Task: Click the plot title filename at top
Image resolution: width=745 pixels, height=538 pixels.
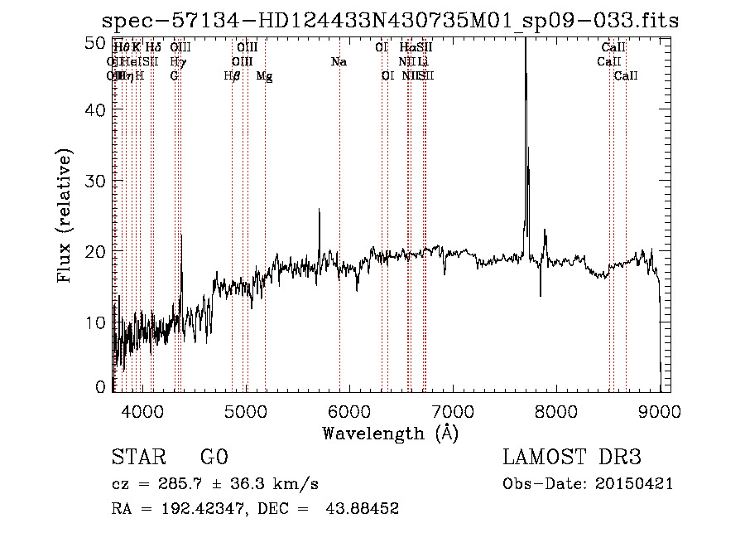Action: pyautogui.click(x=389, y=21)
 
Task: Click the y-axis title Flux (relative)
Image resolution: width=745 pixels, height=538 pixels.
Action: pyautogui.click(x=65, y=216)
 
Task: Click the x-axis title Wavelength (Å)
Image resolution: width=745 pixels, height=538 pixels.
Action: pyautogui.click(x=390, y=433)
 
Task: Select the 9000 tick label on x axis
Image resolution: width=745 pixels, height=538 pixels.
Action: pyautogui.click(x=660, y=410)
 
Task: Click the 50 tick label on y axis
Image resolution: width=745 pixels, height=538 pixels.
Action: pyautogui.click(x=96, y=41)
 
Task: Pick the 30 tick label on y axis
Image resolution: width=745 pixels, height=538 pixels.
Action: pyautogui.click(x=96, y=181)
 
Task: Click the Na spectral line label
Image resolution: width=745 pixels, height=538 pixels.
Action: pyautogui.click(x=338, y=61)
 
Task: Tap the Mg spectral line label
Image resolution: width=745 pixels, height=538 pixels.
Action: pyautogui.click(x=265, y=75)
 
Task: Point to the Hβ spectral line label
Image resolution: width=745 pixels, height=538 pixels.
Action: pyautogui.click(x=232, y=75)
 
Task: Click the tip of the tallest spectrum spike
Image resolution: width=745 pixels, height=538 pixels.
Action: pyautogui.click(x=525, y=40)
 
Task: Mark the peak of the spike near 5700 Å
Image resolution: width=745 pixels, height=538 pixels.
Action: pyautogui.click(x=320, y=210)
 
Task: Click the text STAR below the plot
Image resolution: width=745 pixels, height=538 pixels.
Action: pyautogui.click(x=137, y=458)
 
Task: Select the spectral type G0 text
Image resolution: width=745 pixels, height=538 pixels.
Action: pyautogui.click(x=214, y=458)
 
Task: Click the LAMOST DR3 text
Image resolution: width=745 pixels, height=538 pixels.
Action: pyautogui.click(x=572, y=458)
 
